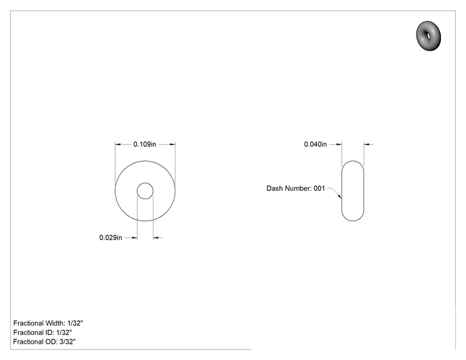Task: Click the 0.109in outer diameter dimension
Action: pos(145,145)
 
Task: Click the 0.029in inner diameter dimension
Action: pos(111,238)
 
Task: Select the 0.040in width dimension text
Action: pos(315,145)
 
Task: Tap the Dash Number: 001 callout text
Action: pos(296,188)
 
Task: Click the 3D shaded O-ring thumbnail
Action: pos(428,36)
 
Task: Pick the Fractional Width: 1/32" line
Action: pos(48,323)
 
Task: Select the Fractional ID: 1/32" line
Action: pos(43,332)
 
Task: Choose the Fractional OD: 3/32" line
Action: pos(44,342)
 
